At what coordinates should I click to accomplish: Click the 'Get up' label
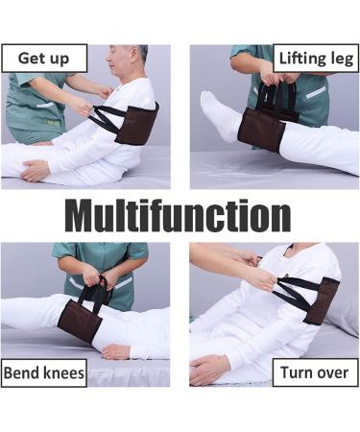pos(44,58)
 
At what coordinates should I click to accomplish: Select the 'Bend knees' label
pos(44,372)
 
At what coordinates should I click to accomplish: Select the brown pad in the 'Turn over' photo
pos(321,300)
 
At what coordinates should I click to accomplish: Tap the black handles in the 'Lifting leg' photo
pos(277,96)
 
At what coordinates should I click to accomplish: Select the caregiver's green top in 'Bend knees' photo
pos(101,257)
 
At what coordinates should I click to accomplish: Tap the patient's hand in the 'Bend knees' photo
pos(115,350)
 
